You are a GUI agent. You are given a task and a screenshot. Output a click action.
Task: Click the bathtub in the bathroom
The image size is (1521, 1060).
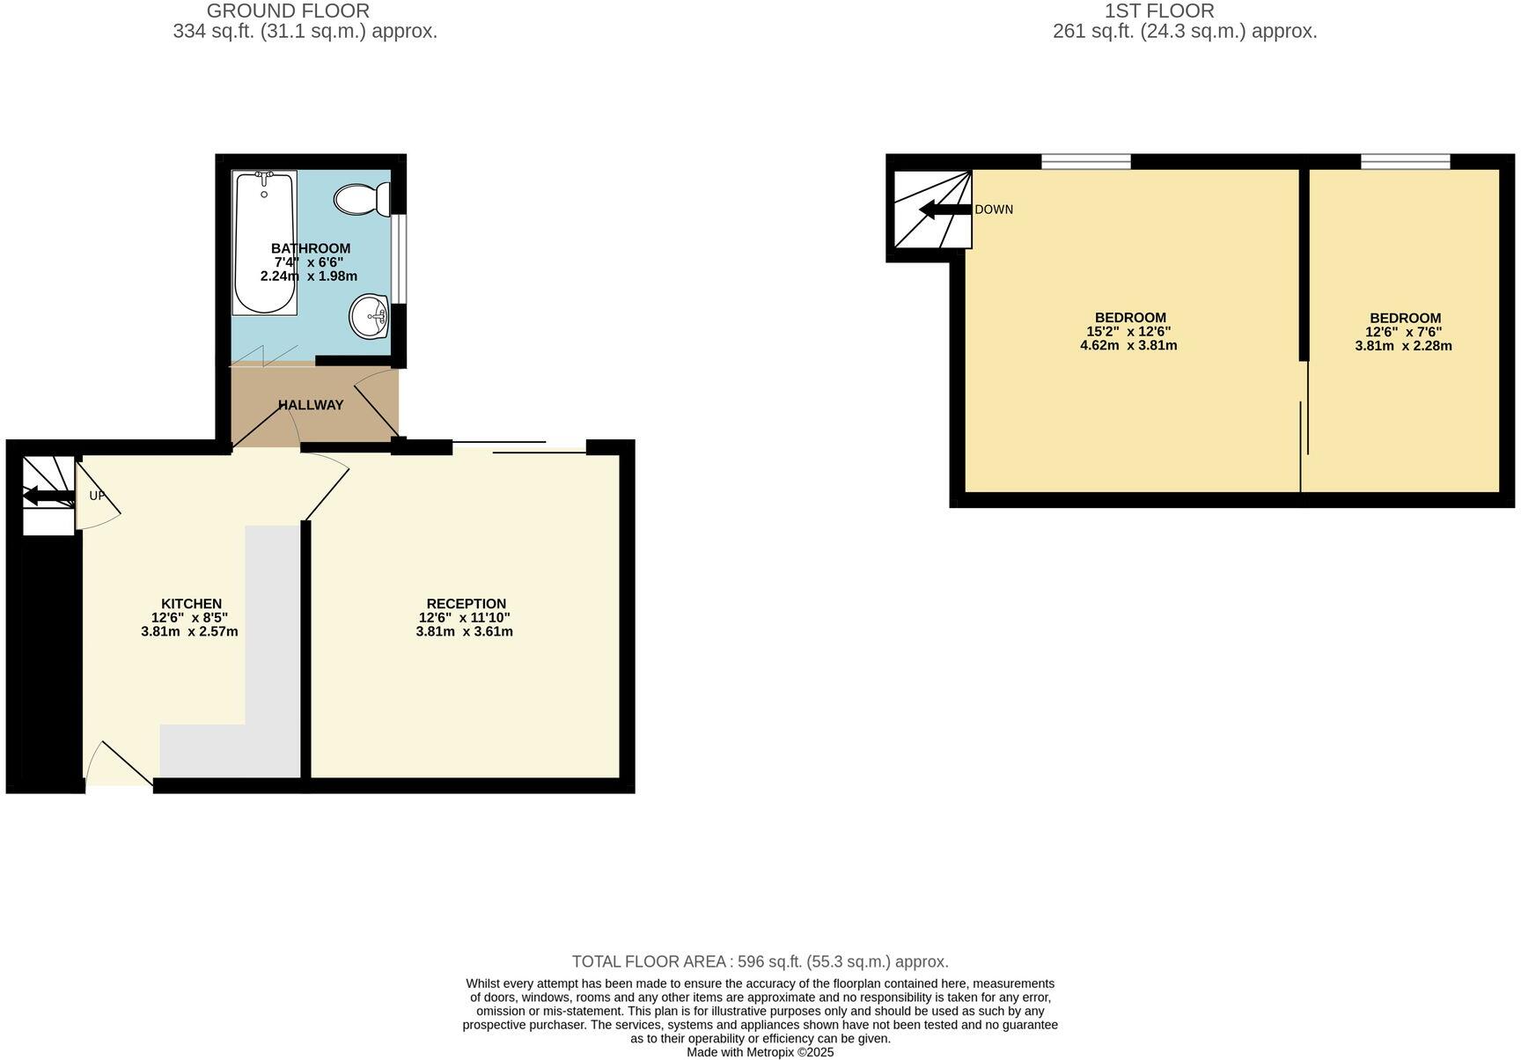coord(264,243)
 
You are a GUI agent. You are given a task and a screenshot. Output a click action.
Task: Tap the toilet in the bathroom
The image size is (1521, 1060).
coord(361,199)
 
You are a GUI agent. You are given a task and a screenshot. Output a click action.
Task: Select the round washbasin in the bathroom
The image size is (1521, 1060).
coord(370,316)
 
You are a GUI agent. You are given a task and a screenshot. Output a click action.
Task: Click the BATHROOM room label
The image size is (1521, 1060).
coord(311,248)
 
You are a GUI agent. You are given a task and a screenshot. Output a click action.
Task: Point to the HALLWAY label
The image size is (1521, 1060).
coord(311,405)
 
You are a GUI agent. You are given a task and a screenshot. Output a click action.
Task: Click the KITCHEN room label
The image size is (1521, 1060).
coord(191,604)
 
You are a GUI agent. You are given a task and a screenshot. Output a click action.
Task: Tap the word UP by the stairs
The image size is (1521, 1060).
coord(97,496)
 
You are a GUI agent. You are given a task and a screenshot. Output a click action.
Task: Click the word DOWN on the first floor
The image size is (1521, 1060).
coord(994,210)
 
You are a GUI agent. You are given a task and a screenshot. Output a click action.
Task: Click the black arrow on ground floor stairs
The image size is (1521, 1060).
coord(48,497)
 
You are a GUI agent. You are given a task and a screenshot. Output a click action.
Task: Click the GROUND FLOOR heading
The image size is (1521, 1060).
coord(288,11)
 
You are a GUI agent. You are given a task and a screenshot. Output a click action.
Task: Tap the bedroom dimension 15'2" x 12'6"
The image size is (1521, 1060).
coord(1128,332)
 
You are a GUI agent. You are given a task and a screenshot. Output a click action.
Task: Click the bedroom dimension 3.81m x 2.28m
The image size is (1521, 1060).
coord(1403,346)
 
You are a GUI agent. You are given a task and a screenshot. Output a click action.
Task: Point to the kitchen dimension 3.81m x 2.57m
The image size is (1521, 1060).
coord(189,631)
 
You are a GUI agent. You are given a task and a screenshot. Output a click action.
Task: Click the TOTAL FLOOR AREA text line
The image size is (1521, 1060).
coord(760,961)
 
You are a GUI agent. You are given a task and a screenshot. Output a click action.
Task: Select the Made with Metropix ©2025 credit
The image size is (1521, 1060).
coord(760,1052)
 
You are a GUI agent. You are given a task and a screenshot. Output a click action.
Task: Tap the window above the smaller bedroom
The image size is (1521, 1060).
coord(1405,161)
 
